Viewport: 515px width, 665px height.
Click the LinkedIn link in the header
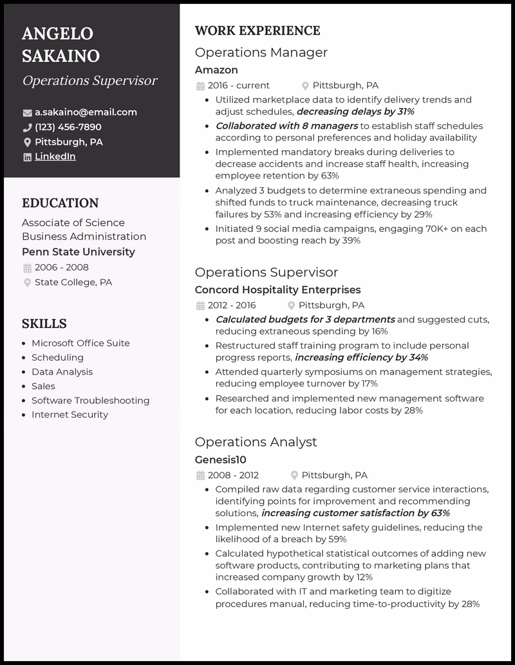[x=55, y=157]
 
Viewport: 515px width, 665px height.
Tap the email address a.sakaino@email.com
[x=86, y=112]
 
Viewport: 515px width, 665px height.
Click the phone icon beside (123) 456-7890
[x=27, y=128]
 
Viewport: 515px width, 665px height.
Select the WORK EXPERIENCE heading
[x=257, y=31]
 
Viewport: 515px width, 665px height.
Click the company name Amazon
[x=216, y=70]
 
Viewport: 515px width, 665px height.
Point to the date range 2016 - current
[x=238, y=85]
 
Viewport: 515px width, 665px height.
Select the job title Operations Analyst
[x=256, y=442]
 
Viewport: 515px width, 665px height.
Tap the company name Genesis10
[x=220, y=459]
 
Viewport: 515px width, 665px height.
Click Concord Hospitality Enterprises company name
[x=277, y=290]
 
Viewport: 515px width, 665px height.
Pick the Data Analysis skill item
[x=62, y=372]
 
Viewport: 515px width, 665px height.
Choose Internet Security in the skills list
[x=70, y=414]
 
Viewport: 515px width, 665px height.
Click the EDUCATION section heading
[x=60, y=204]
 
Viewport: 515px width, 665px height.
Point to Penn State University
[x=79, y=252]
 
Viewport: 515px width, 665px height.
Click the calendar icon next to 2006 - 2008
[x=27, y=267]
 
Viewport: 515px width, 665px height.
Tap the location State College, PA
[x=73, y=282]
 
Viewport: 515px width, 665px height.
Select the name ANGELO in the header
[x=57, y=34]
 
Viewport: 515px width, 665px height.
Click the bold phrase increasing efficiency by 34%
[x=361, y=357]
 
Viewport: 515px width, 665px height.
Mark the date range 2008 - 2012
[x=232, y=475]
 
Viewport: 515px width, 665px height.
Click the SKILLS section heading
[x=44, y=323]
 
